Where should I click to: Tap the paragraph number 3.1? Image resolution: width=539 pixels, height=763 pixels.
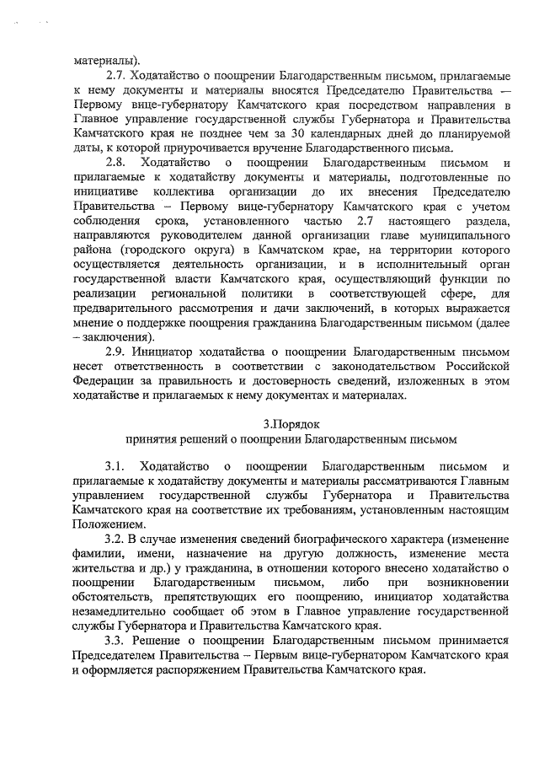point(115,466)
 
